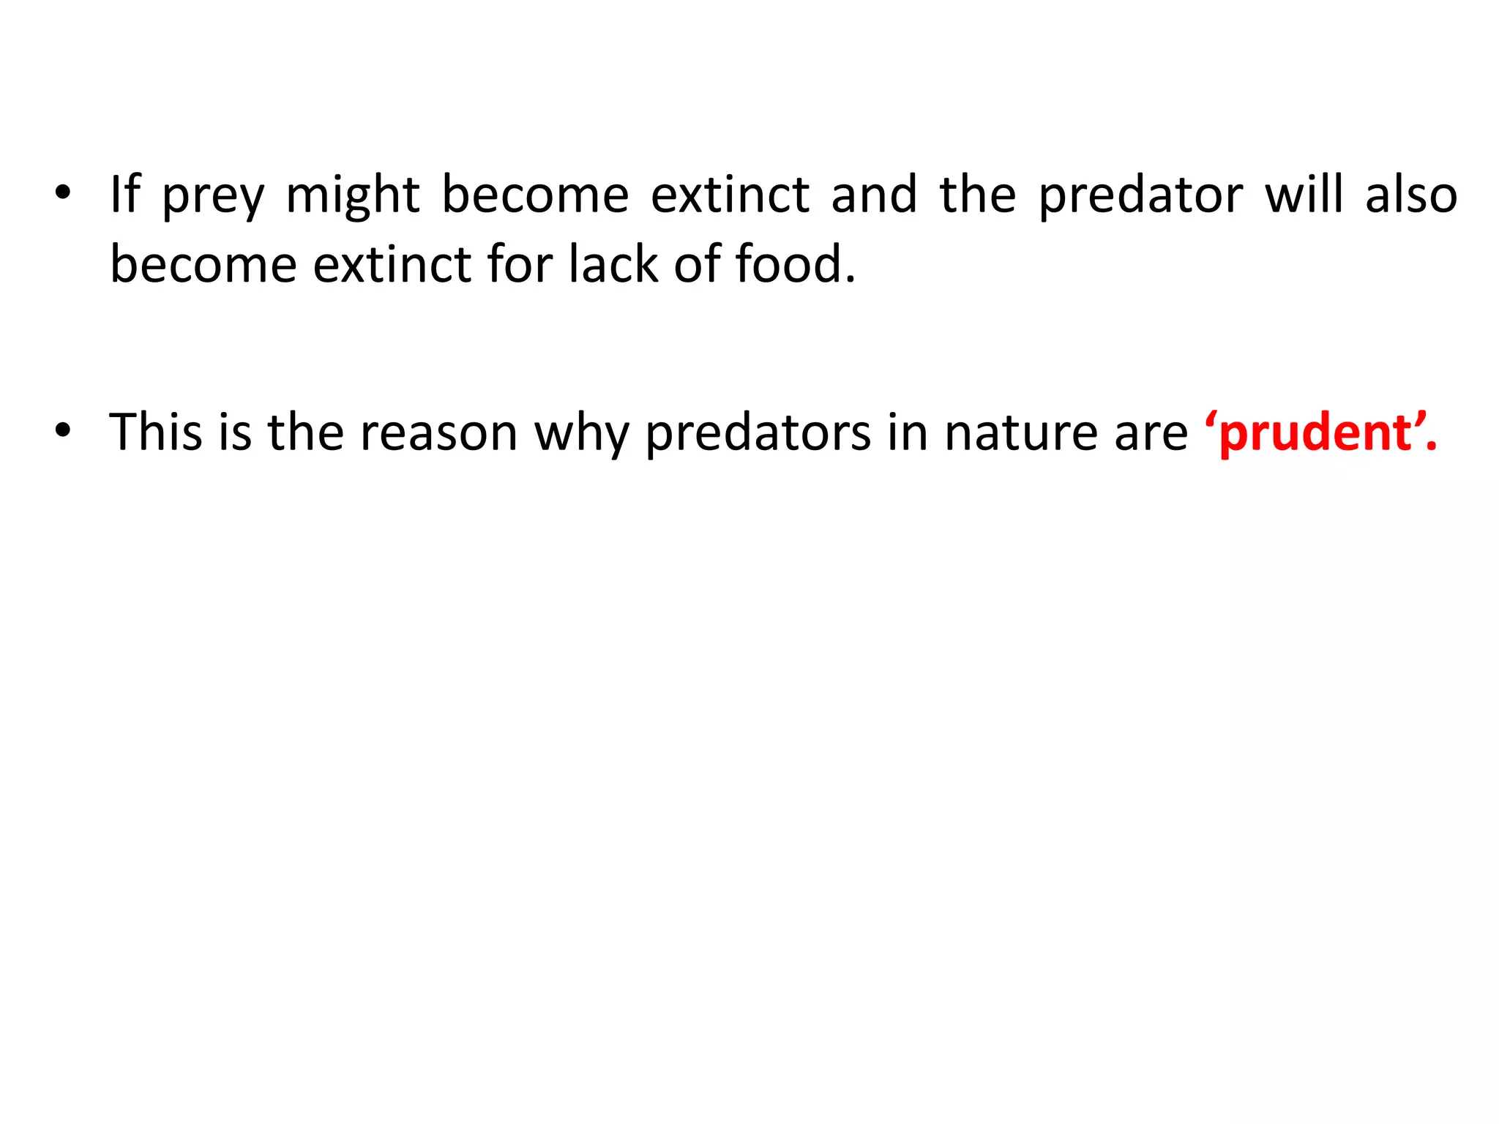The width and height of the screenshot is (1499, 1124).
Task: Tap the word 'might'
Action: [352, 196]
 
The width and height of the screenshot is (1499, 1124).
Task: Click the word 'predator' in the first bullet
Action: [1140, 196]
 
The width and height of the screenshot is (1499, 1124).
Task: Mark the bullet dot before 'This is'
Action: [63, 430]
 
